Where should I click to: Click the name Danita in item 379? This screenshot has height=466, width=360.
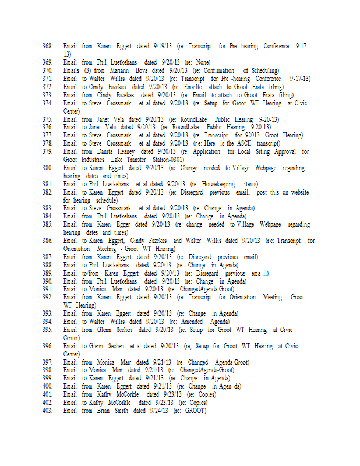tap(106, 151)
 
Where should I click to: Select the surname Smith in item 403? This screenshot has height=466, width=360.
tap(121, 411)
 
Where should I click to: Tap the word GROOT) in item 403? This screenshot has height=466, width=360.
tap(195, 411)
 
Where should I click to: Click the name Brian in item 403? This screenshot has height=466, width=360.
tap(104, 411)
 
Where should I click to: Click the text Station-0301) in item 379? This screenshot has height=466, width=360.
tap(163, 160)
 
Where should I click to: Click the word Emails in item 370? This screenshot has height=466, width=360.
tap(72, 70)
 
